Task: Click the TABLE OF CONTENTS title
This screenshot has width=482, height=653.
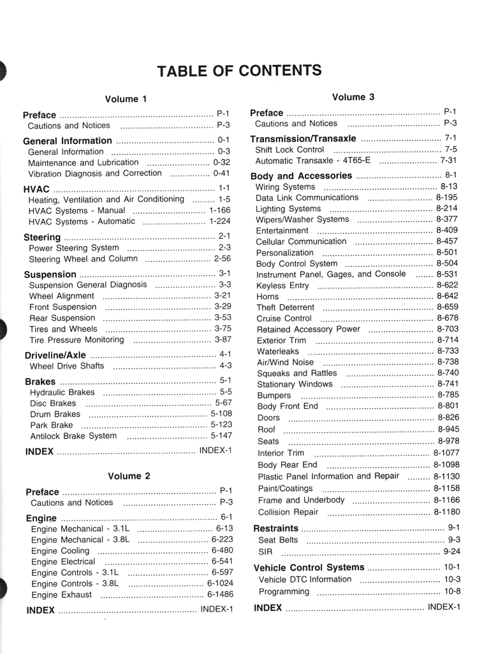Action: tap(240, 70)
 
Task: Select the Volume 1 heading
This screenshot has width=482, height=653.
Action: tap(126, 99)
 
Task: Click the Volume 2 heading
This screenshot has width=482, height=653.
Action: tap(129, 476)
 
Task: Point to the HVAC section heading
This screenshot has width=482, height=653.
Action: tap(36, 189)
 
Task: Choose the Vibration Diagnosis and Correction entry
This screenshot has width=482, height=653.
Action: tap(95, 173)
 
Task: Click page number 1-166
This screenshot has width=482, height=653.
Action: tap(219, 210)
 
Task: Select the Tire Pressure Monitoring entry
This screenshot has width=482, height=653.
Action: tap(77, 340)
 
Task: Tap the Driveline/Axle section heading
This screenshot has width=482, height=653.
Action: tap(55, 355)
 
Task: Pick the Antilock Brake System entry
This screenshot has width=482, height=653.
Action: tap(73, 436)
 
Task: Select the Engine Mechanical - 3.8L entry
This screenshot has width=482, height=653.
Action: tap(80, 539)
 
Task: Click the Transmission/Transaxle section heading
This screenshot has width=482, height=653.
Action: tap(303, 138)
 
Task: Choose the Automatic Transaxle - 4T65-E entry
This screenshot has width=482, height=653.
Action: tap(312, 161)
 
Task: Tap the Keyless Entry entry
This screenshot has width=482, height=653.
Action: tap(282, 286)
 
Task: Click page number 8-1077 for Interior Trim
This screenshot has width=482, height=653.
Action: tap(446, 453)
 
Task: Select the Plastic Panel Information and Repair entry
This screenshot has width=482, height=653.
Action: tap(328, 476)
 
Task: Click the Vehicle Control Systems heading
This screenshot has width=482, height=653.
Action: tap(309, 568)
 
